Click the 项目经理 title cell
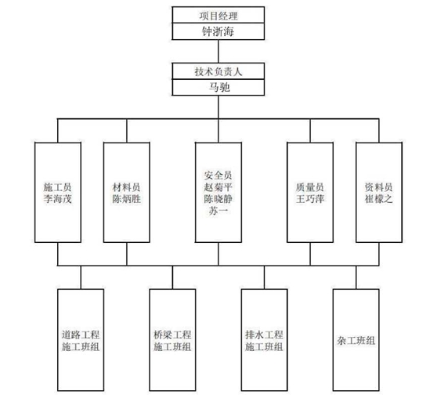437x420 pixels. point(218,15)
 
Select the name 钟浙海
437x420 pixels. point(218,31)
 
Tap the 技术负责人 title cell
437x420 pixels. point(218,71)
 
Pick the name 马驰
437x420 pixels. point(219,87)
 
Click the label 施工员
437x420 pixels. point(58,187)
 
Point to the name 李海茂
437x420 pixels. point(58,199)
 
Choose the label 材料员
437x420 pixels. point(126,187)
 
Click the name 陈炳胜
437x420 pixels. point(126,199)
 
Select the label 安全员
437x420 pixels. point(218,176)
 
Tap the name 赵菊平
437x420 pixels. point(218,187)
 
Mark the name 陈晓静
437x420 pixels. point(218,199)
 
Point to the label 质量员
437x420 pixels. point(310,187)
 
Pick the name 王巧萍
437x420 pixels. point(310,199)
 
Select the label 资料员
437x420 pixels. point(379,187)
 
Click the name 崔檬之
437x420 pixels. point(379,199)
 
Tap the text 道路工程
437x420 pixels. point(81,335)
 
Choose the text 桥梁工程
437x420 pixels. point(172,335)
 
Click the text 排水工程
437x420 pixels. point(264,335)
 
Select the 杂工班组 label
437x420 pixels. point(356,341)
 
